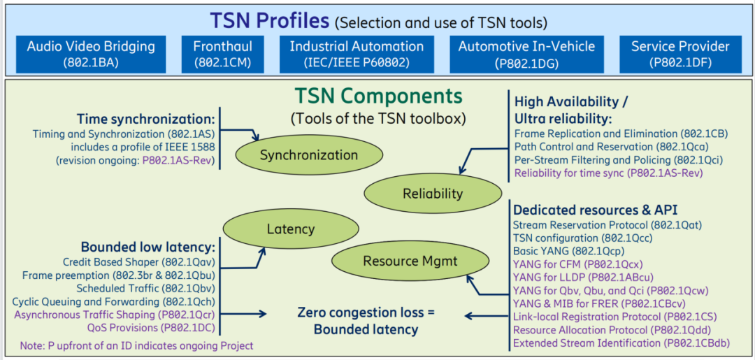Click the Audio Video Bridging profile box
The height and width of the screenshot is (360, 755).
pyautogui.click(x=91, y=53)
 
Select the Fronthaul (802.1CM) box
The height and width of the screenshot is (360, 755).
pyautogui.click(x=222, y=53)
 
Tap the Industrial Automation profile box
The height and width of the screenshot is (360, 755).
pyautogui.click(x=357, y=53)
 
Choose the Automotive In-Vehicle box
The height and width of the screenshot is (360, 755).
pyautogui.click(x=526, y=53)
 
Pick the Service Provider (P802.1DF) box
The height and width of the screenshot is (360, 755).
pyautogui.click(x=680, y=53)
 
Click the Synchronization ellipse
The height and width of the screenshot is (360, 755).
pyautogui.click(x=309, y=155)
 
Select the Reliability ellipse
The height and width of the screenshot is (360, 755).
pyautogui.click(x=432, y=194)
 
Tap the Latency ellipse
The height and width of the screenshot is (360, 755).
pyautogui.click(x=290, y=229)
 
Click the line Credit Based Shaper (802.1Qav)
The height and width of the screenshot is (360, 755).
pyautogui.click(x=138, y=262)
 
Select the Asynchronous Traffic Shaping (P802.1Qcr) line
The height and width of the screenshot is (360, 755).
pyautogui.click(x=115, y=315)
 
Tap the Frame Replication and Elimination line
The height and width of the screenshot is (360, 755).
pyautogui.click(x=621, y=134)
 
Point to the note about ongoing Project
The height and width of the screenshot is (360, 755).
pyautogui.click(x=137, y=345)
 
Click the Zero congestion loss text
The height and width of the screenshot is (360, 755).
pyautogui.click(x=366, y=312)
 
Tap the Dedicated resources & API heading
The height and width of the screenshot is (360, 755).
pyautogui.click(x=596, y=210)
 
